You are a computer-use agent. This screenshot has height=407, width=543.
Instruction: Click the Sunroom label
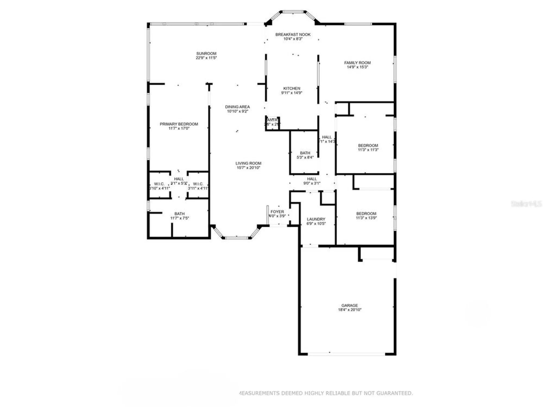point(206,53)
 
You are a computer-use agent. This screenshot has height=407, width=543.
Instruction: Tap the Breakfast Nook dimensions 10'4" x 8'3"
point(293,39)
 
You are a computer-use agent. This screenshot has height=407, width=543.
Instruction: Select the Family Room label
point(357,63)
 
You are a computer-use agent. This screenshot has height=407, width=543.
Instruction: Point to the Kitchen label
point(292,88)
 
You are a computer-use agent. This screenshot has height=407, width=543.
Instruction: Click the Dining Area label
point(237,107)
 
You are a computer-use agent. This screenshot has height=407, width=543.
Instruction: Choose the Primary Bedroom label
point(179,124)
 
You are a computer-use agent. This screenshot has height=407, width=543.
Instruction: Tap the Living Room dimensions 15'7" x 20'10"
point(248,168)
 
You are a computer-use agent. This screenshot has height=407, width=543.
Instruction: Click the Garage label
point(350,305)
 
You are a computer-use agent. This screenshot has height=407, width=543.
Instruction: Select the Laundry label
point(316,219)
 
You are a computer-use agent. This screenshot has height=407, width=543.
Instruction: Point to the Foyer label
point(277,212)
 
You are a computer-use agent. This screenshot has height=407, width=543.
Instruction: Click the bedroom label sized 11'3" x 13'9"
point(366,214)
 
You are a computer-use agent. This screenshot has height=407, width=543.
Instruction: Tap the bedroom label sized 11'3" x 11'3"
point(368,145)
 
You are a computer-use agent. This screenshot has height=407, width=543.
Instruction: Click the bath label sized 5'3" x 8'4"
point(305,153)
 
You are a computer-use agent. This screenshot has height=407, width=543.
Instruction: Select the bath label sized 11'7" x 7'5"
point(179,214)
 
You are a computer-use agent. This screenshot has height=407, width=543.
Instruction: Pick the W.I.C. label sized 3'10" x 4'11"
point(159,184)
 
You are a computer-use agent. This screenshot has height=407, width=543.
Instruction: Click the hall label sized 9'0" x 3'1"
point(312,179)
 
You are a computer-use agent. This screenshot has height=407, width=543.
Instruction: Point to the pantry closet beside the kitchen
point(272,122)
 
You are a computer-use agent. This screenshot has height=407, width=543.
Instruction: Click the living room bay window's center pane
point(236,238)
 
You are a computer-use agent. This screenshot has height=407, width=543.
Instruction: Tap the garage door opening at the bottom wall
point(346,354)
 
